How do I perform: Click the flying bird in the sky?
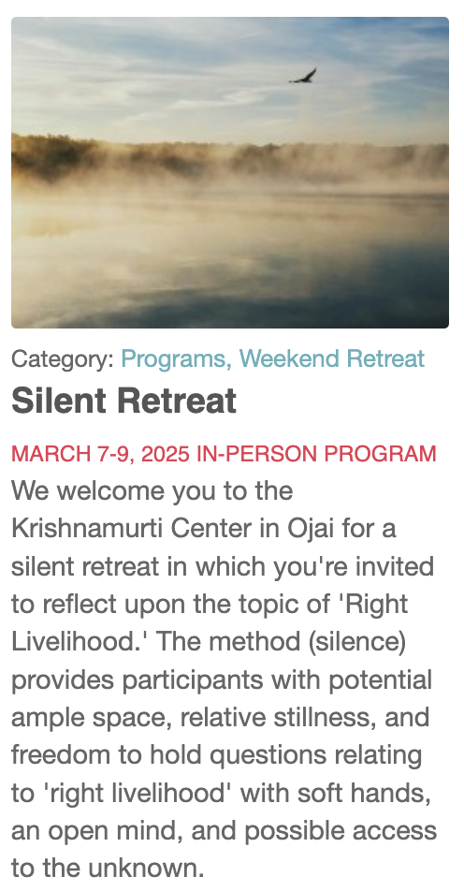coord(303,76)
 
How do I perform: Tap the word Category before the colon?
coord(60,359)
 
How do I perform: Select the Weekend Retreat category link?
coord(332,358)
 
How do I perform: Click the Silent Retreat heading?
coord(123,401)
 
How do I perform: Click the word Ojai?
coord(311,530)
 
